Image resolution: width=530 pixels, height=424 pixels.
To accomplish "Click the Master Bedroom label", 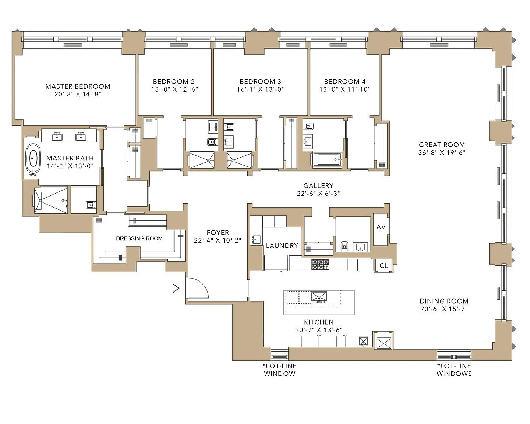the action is [x=78, y=86].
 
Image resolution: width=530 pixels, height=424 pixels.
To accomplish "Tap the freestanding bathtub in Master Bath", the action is [x=33, y=159].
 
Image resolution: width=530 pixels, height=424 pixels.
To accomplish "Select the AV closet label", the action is [x=381, y=227].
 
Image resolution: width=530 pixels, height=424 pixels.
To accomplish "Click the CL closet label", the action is [x=384, y=266].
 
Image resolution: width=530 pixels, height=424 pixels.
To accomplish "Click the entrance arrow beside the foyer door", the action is [x=176, y=288].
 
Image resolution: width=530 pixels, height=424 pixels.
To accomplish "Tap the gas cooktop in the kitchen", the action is [x=320, y=265].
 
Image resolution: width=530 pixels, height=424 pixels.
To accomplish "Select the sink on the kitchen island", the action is [x=319, y=296].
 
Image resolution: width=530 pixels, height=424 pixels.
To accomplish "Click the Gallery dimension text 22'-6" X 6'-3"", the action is [x=318, y=194].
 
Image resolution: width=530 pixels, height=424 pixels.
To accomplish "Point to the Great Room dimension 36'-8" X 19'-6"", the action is [x=442, y=152].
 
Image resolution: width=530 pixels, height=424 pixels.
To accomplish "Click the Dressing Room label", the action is [x=139, y=239].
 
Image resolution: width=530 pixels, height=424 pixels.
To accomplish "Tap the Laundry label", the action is [x=282, y=245].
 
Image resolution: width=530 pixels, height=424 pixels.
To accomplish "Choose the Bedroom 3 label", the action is [x=260, y=81].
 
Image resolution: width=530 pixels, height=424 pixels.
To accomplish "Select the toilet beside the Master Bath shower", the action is [x=90, y=205].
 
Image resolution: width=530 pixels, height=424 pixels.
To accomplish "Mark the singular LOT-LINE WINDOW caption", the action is [x=279, y=370].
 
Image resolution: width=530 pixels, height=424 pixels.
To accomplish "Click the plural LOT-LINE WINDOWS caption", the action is [x=454, y=370].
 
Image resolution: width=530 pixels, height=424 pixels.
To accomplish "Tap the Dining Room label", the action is [x=444, y=301].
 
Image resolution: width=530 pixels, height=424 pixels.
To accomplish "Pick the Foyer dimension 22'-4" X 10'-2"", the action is [x=218, y=240].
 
